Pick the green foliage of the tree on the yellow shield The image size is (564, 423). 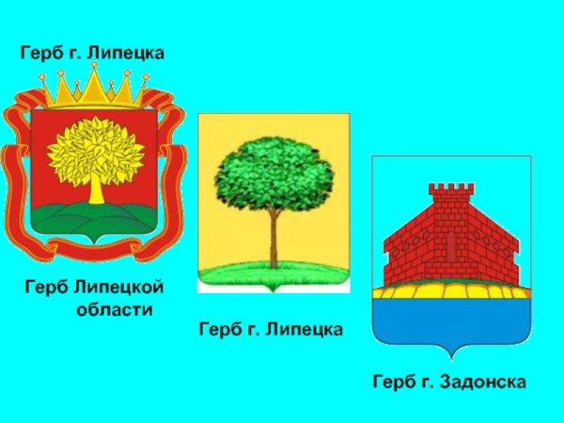[274, 174]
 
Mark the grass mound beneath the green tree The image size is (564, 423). [274, 274]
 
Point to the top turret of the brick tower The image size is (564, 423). [448, 194]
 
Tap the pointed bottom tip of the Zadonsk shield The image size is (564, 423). [449, 357]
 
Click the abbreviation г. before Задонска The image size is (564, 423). [429, 383]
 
